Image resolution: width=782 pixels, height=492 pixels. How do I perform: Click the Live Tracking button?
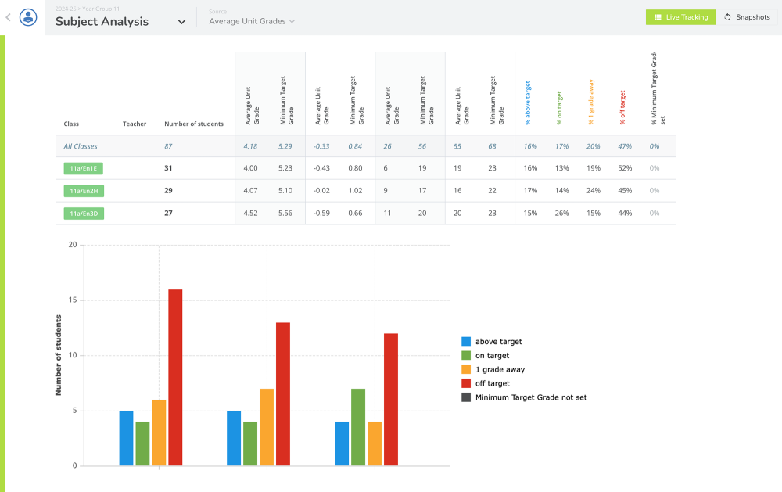coord(680,17)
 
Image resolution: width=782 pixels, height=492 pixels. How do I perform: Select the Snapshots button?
coord(747,17)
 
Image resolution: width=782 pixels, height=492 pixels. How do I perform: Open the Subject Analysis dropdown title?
coord(120,22)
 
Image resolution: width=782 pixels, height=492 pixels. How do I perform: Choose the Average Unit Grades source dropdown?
coord(252,21)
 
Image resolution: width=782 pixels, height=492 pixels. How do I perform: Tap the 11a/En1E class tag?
coord(84,168)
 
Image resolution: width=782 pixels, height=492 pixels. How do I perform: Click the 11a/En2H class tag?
coord(84,191)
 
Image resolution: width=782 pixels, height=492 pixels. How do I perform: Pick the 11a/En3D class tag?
coord(84,214)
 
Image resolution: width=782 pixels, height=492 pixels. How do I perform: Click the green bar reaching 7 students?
coord(358,427)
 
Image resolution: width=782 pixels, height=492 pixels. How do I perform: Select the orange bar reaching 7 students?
coord(267,427)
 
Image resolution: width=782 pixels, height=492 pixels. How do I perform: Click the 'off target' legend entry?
coord(492,383)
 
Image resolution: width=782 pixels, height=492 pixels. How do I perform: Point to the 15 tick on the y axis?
coord(73,300)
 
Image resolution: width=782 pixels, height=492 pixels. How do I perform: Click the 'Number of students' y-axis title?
coord(59,354)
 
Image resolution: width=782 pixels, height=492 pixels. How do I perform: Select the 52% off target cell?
coord(624,168)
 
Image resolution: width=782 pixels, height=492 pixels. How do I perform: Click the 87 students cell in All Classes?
coord(168,146)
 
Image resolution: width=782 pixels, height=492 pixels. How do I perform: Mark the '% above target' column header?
coord(528,102)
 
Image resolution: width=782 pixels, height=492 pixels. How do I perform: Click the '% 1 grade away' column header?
coord(591,102)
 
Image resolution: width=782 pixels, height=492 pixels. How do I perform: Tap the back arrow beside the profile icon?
coord(8,17)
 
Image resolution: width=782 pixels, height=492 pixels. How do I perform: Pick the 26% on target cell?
coord(561,214)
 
